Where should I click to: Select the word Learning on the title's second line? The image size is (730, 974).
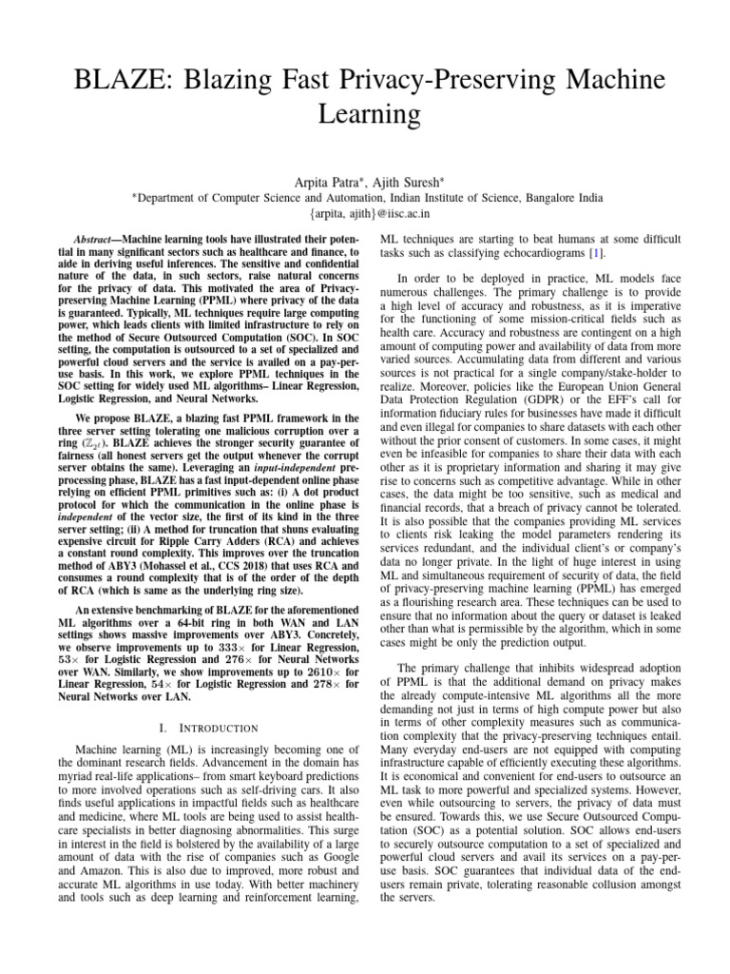point(366,114)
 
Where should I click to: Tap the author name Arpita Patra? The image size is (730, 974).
point(321,182)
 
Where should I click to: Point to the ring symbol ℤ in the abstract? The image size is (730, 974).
point(92,442)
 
